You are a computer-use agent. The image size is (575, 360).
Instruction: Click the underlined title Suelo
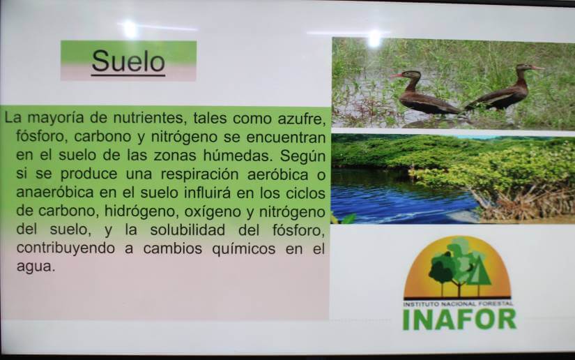point(128,61)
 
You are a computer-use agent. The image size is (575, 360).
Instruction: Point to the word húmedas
point(238,156)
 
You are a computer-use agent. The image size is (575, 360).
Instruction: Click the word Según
point(303,156)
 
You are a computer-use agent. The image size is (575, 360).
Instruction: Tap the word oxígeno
point(213,212)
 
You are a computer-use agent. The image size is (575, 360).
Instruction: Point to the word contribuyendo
point(66,249)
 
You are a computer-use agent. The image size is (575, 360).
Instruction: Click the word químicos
point(243,249)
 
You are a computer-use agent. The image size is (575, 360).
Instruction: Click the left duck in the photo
point(424,93)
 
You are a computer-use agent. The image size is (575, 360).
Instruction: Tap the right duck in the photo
point(504,89)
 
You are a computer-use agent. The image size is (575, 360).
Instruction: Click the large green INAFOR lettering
point(459,320)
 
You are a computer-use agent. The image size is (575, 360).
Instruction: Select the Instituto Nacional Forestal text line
point(458,304)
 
